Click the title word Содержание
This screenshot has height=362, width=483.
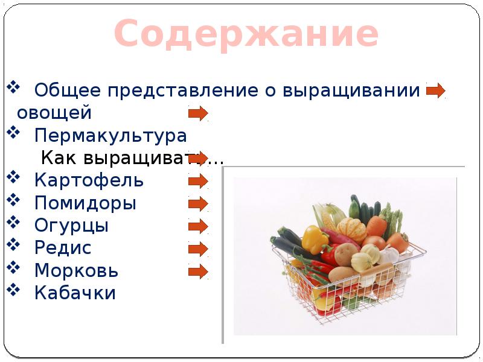pos(246,33)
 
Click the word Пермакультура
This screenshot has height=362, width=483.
pos(110,136)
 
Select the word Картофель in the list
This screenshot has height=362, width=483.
pos(89,180)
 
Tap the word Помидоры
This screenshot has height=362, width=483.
pos(85,203)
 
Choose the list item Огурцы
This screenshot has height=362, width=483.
pos(71,226)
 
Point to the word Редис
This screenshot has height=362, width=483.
pos(63,247)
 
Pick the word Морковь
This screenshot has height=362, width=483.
pos(77,270)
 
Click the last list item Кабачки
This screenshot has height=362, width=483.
pos(75,293)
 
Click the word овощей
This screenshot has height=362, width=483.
pos(54,113)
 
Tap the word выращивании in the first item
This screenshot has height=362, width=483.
pos(351,91)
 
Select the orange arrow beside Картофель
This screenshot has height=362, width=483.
pos(198,180)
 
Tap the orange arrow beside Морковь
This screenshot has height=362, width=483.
pos(198,271)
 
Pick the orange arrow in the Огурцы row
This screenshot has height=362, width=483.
pos(198,226)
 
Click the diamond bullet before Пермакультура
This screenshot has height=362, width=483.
pos(13,132)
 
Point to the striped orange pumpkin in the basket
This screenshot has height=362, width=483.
pos(351,230)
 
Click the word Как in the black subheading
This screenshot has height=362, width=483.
pos(59,158)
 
